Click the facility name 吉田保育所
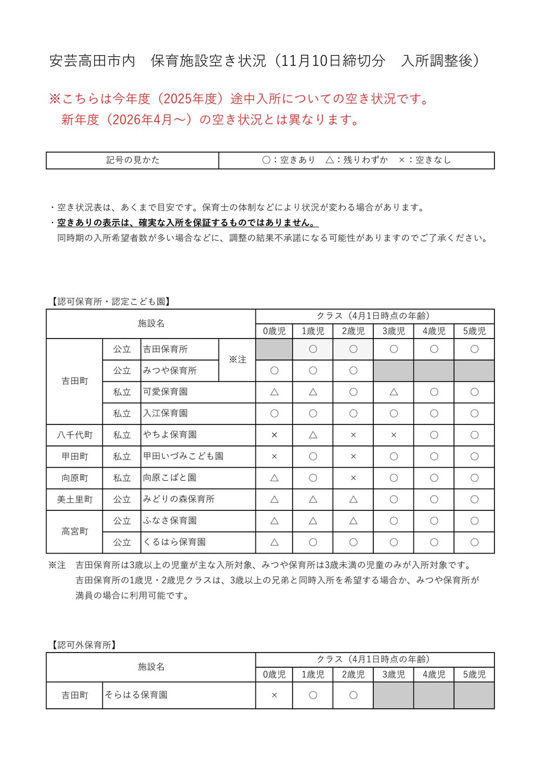pos(166,349)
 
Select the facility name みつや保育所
pos(170,371)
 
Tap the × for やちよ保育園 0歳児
pos(274,435)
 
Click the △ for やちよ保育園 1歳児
pos(313,435)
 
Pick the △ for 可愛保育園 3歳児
pos(393,392)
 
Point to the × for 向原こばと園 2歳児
pos(353,478)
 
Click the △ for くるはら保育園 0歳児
pos(274,542)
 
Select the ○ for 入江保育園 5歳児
pos(474,414)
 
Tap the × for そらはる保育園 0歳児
pos(274,695)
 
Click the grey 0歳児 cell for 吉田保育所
pos(274,349)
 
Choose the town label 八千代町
pos(75,435)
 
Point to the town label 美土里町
pos(75,500)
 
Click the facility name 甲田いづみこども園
pos(183,456)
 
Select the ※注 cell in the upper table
pos(237,360)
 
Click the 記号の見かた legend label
pos(133,160)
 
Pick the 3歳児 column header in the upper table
pos(393,331)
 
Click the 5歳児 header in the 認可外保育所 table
pos(474,674)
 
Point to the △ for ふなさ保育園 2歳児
pos(353,521)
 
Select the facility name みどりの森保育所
pos(179,500)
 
